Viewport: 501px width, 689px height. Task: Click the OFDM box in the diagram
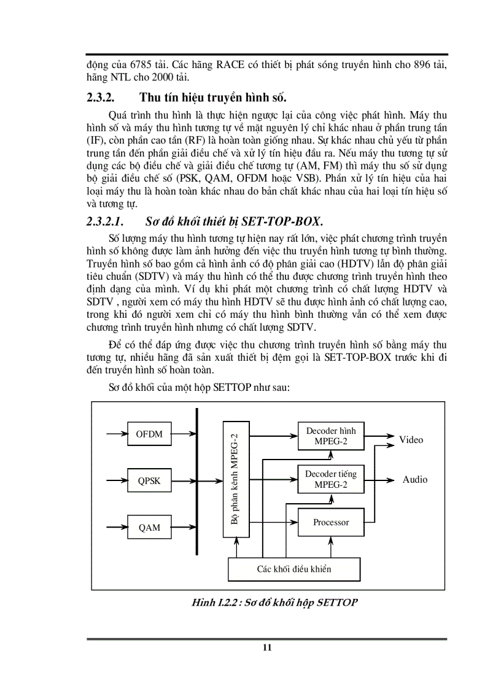coord(149,434)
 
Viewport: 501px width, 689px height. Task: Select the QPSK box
coord(149,480)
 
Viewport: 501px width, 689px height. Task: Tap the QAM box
coord(149,527)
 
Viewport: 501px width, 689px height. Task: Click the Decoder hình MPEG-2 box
coord(330,436)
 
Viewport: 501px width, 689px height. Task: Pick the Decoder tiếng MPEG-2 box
coord(330,479)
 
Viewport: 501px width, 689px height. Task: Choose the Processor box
coord(330,522)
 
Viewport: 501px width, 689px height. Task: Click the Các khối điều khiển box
coord(293,569)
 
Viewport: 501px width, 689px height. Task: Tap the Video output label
coord(411,440)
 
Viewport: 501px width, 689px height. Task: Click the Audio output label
coord(414,480)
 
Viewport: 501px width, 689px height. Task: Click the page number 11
coord(266,647)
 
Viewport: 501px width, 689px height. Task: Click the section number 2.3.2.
coord(103,98)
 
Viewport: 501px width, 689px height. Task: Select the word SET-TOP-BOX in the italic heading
coord(286,221)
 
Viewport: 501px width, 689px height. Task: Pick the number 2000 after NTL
coord(157,77)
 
